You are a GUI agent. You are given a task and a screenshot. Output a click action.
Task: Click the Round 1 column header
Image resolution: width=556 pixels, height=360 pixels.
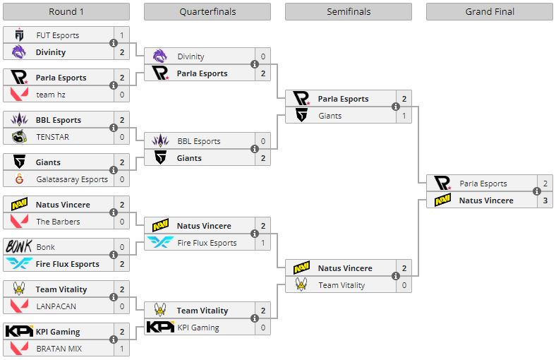[x=66, y=11]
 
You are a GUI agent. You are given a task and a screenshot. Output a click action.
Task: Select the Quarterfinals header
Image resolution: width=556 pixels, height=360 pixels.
[x=207, y=11]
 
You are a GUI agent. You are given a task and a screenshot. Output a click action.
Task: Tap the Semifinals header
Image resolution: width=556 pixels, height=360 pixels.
[x=349, y=11]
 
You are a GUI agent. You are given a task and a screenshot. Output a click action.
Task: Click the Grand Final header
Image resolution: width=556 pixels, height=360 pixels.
[x=490, y=11]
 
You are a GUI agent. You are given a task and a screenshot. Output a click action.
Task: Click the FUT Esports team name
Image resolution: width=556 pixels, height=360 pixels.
[x=57, y=35]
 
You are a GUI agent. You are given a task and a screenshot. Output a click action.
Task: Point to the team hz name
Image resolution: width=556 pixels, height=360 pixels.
[x=51, y=95]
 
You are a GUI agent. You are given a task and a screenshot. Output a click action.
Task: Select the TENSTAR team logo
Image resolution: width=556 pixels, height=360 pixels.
[x=19, y=137]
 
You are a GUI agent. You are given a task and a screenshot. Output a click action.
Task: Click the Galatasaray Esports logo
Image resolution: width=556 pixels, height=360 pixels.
[x=19, y=179]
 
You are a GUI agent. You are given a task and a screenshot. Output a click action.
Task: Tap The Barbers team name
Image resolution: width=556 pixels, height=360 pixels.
[x=58, y=222]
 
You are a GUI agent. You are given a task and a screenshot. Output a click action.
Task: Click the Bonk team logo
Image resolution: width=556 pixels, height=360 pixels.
[x=19, y=247]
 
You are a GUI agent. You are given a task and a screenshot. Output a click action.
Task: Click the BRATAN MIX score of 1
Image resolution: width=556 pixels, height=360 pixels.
[x=121, y=349]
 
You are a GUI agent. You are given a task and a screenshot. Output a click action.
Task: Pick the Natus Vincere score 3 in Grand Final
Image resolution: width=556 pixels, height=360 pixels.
[x=545, y=200]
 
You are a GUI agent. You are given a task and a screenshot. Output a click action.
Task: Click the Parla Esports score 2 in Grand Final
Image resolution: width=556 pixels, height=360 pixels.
[x=545, y=184]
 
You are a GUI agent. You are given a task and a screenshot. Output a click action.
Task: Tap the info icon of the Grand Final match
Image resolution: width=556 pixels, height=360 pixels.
[x=537, y=192]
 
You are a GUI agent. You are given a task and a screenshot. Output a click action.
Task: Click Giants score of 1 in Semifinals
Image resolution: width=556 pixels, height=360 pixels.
[x=404, y=116]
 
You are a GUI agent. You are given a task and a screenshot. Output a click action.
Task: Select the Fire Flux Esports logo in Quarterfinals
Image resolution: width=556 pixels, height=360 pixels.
[x=160, y=243]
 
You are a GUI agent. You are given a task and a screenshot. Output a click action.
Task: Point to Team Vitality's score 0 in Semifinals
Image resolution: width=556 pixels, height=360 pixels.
[x=404, y=285]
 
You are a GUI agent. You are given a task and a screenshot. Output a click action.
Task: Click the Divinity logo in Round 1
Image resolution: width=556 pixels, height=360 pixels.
[x=19, y=52]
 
